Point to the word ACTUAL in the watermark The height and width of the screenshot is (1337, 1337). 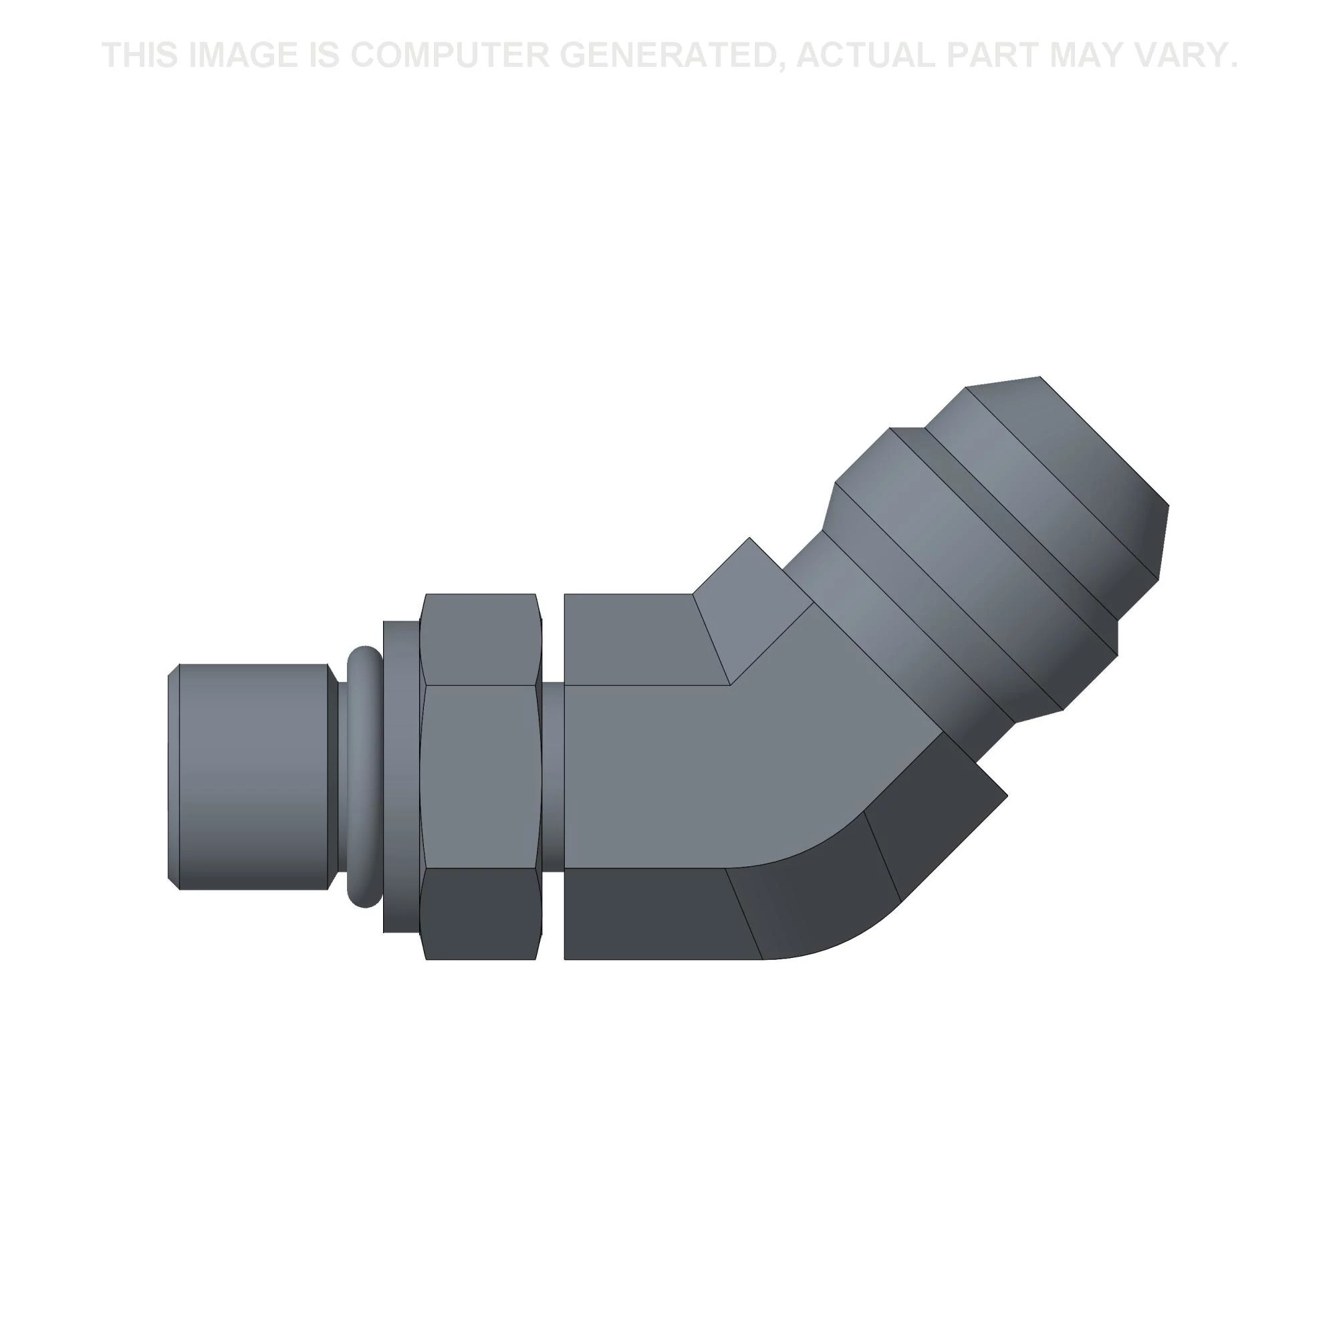867,55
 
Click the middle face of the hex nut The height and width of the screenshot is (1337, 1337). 481,775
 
